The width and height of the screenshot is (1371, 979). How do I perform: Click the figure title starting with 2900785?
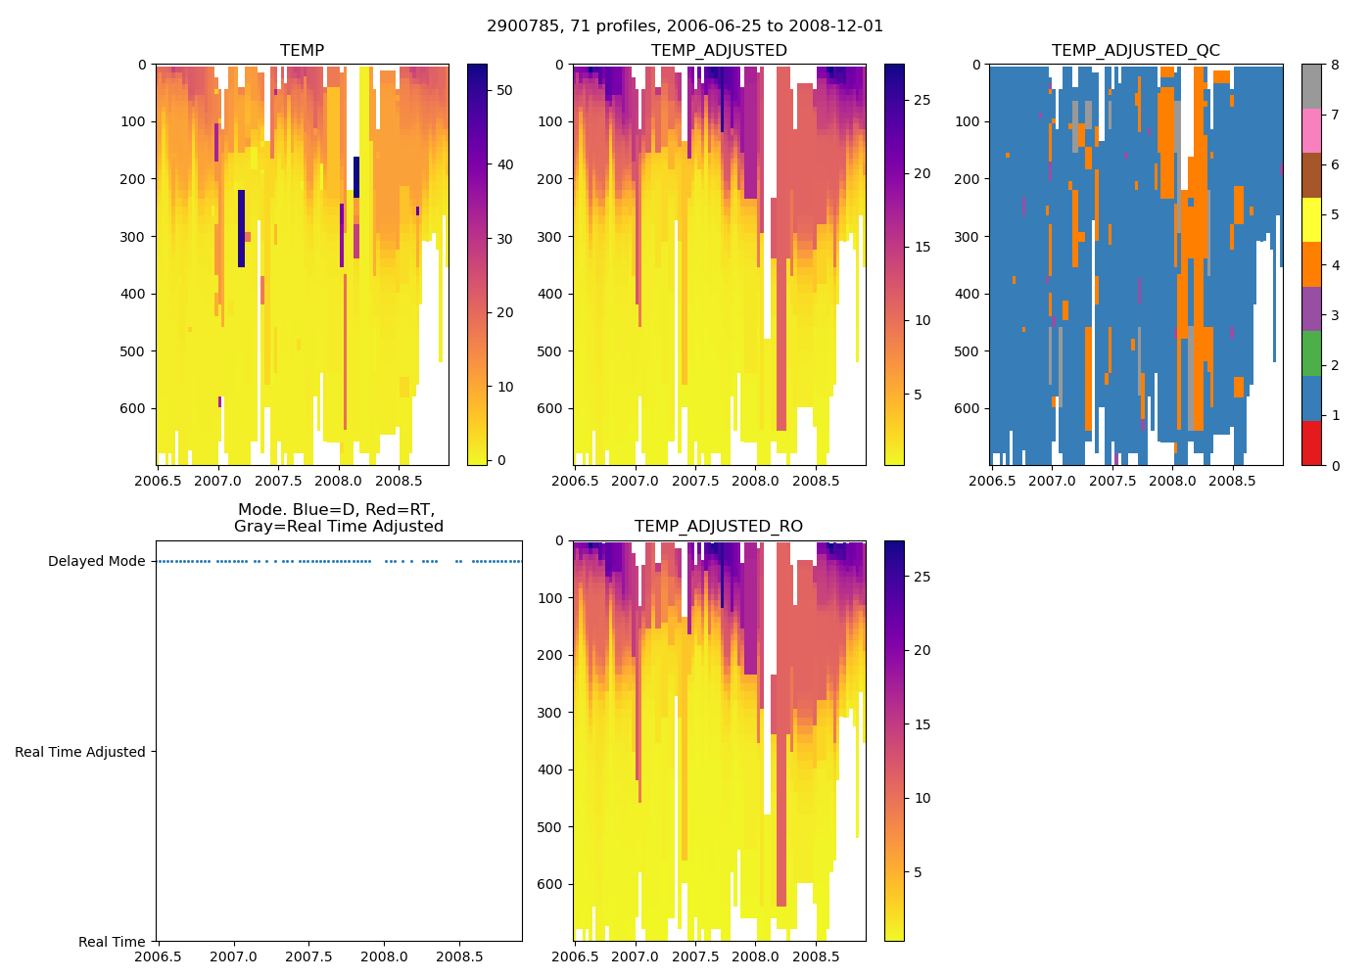pyautogui.click(x=685, y=26)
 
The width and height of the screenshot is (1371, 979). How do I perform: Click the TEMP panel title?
pyautogui.click(x=302, y=51)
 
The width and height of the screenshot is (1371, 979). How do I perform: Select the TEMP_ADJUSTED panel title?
pyautogui.click(x=719, y=51)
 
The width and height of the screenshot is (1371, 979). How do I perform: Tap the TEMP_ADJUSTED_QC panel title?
pyautogui.click(x=1135, y=51)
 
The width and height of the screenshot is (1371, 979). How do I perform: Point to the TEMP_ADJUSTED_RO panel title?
pyautogui.click(x=719, y=527)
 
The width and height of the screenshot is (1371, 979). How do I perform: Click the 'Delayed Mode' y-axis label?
pyautogui.click(x=96, y=562)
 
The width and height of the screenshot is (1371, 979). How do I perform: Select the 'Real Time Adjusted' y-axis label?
pyautogui.click(x=79, y=752)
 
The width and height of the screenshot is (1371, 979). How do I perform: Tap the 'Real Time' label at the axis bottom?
pyautogui.click(x=112, y=942)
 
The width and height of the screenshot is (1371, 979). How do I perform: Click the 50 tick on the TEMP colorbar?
pyautogui.click(x=504, y=90)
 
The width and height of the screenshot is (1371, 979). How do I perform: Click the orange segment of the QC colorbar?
pyautogui.click(x=1311, y=264)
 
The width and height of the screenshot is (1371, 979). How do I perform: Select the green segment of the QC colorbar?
pyautogui.click(x=1311, y=353)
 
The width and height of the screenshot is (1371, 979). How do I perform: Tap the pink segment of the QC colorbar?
pyautogui.click(x=1311, y=130)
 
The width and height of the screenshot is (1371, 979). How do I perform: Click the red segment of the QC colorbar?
pyautogui.click(x=1311, y=443)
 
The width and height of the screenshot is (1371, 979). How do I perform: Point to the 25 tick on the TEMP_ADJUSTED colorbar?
pyautogui.click(x=922, y=101)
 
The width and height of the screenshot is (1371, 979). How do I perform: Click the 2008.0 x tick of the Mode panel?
pyautogui.click(x=384, y=956)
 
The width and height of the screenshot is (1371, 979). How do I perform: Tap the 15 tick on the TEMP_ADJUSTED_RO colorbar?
pyautogui.click(x=922, y=724)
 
